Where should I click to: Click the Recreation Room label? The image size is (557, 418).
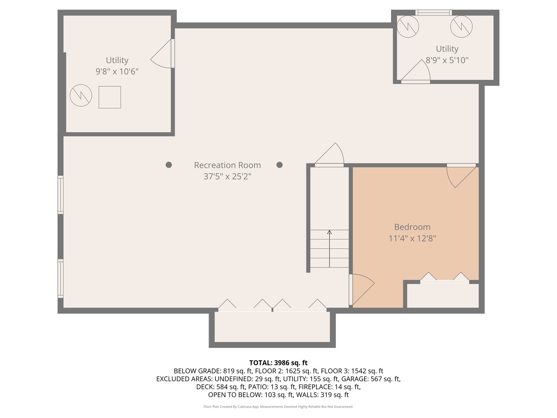point(227,165)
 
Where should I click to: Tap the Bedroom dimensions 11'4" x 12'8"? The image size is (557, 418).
point(412,238)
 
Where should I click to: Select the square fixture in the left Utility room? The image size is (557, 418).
point(110,97)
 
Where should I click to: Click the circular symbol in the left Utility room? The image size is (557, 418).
point(81,96)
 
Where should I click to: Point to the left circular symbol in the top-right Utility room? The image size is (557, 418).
point(408,26)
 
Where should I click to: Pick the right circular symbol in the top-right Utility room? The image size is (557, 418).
point(461,26)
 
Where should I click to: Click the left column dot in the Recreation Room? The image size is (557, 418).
point(169,165)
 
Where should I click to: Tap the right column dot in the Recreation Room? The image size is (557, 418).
point(280,165)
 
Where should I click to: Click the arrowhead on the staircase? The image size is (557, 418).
point(330,232)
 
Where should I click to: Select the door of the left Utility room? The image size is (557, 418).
point(162,54)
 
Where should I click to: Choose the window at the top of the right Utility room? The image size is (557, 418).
point(433,13)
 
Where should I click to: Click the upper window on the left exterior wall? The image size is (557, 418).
point(61,195)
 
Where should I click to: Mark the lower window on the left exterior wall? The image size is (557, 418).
point(61,278)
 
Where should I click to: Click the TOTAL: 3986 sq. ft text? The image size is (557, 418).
point(278,363)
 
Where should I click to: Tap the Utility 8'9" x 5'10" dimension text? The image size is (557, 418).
point(447,60)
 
